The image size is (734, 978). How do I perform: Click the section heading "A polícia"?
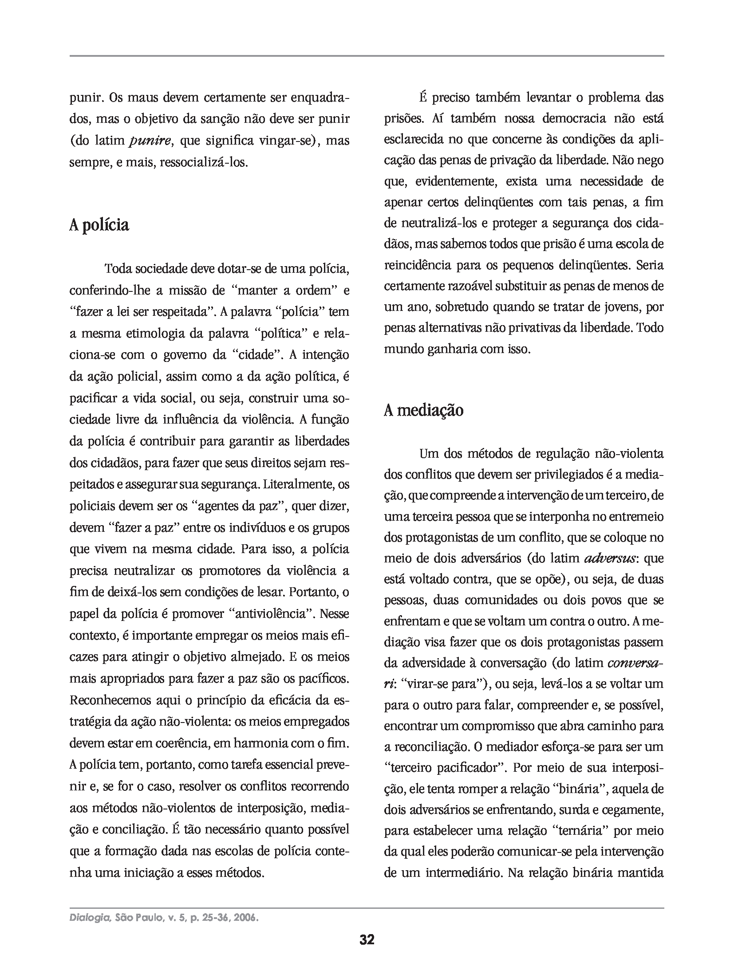[x=99, y=225]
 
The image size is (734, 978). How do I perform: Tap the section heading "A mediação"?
[x=423, y=410]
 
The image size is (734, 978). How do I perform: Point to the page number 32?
[x=367, y=952]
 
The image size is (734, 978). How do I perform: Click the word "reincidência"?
[x=417, y=266]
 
